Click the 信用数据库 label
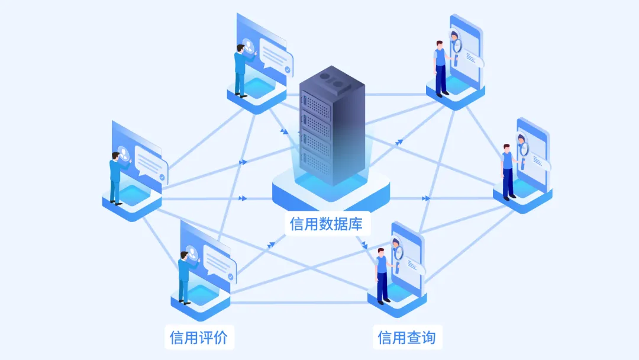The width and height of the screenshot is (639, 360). [326, 224]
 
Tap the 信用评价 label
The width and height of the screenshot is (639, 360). [199, 337]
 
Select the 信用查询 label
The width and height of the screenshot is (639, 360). [406, 337]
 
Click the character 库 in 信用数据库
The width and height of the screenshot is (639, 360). [356, 224]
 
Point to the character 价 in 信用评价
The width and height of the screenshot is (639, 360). [221, 337]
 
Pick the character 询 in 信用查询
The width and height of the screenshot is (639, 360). [429, 337]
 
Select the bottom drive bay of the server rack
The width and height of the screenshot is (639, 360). [316, 162]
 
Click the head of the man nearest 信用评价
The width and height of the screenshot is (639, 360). [184, 256]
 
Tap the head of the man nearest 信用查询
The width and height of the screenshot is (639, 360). [381, 252]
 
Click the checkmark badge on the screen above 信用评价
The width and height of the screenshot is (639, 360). [231, 277]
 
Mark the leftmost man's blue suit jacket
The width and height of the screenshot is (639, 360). [115, 171]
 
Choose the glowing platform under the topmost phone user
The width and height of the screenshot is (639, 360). [455, 91]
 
